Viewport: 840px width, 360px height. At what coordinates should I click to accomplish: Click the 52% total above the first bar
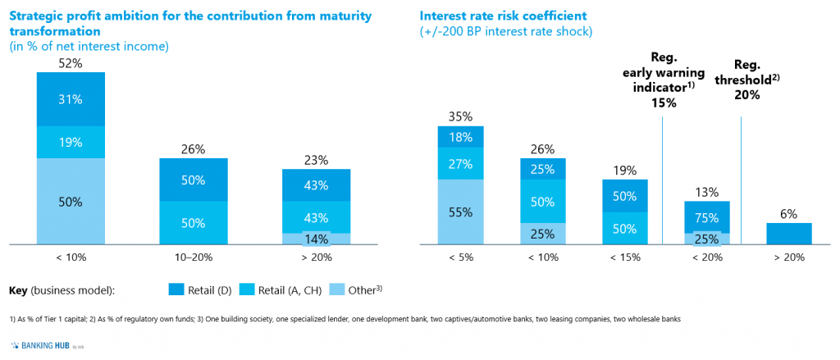point(71,62)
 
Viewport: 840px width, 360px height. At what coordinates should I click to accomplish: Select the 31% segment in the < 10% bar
point(71,99)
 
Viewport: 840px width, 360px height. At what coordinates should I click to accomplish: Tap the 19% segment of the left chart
point(71,142)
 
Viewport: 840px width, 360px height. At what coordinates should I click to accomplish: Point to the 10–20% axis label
point(193,257)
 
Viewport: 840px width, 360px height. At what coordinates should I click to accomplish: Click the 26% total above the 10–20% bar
point(193,149)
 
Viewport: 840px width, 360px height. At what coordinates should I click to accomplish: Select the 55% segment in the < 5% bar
point(460,212)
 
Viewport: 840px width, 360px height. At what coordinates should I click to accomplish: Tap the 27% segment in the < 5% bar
point(460,164)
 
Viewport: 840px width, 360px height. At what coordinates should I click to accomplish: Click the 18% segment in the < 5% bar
point(460,137)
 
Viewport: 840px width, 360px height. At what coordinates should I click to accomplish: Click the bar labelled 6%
point(788,234)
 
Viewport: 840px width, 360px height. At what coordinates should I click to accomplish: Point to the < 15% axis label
point(625,257)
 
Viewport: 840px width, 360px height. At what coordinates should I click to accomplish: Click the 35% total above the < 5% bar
point(460,116)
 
